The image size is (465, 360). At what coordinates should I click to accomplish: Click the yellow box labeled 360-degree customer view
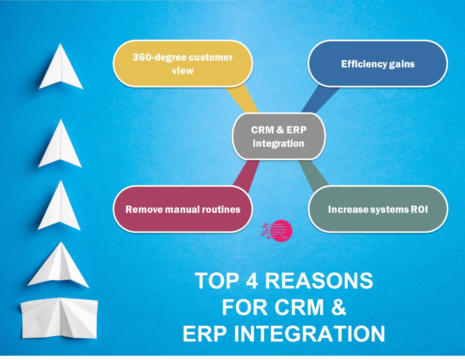coord(182,64)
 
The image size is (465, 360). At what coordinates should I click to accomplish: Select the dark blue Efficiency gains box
coord(377,64)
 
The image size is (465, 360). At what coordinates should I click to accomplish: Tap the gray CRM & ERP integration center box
coord(279,136)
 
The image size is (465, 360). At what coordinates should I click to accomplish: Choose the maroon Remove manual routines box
coord(183,209)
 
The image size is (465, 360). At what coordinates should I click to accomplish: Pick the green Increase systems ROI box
coord(378,209)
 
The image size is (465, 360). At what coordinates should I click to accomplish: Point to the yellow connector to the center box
coord(244,99)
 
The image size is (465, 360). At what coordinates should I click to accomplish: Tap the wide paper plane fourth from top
coord(58,267)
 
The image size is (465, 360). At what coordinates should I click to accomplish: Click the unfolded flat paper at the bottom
coord(59,318)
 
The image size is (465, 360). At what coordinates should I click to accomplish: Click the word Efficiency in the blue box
coord(358,64)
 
